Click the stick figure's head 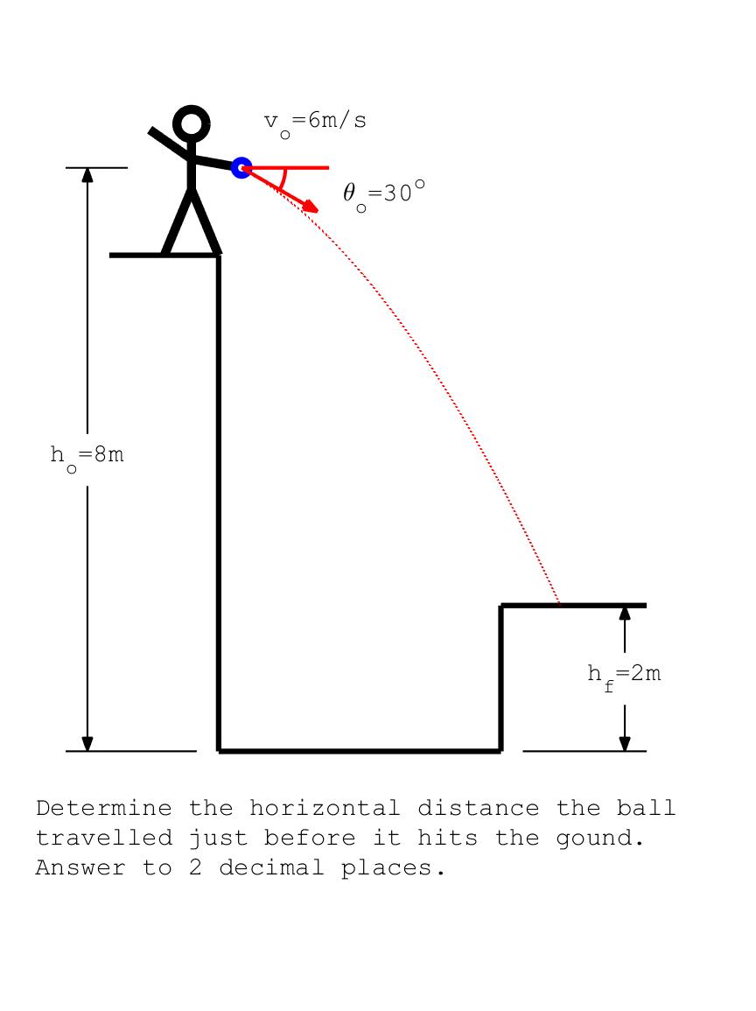click(x=192, y=123)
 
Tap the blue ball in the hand click(x=241, y=168)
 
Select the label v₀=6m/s click(x=315, y=123)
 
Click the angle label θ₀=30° click(x=384, y=195)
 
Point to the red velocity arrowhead click(x=311, y=206)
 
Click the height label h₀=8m click(x=87, y=458)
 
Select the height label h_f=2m click(x=624, y=677)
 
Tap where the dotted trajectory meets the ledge click(x=559, y=605)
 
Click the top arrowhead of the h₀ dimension click(x=87, y=175)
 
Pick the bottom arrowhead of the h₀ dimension click(x=87, y=743)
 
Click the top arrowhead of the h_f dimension click(x=625, y=614)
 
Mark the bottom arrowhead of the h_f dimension click(x=625, y=743)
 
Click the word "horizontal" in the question click(x=325, y=808)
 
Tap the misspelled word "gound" click(x=600, y=839)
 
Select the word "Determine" click(x=104, y=808)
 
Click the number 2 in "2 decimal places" click(x=195, y=867)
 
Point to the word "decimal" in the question click(x=271, y=867)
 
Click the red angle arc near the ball click(x=283, y=179)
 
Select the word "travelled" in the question click(x=104, y=838)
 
